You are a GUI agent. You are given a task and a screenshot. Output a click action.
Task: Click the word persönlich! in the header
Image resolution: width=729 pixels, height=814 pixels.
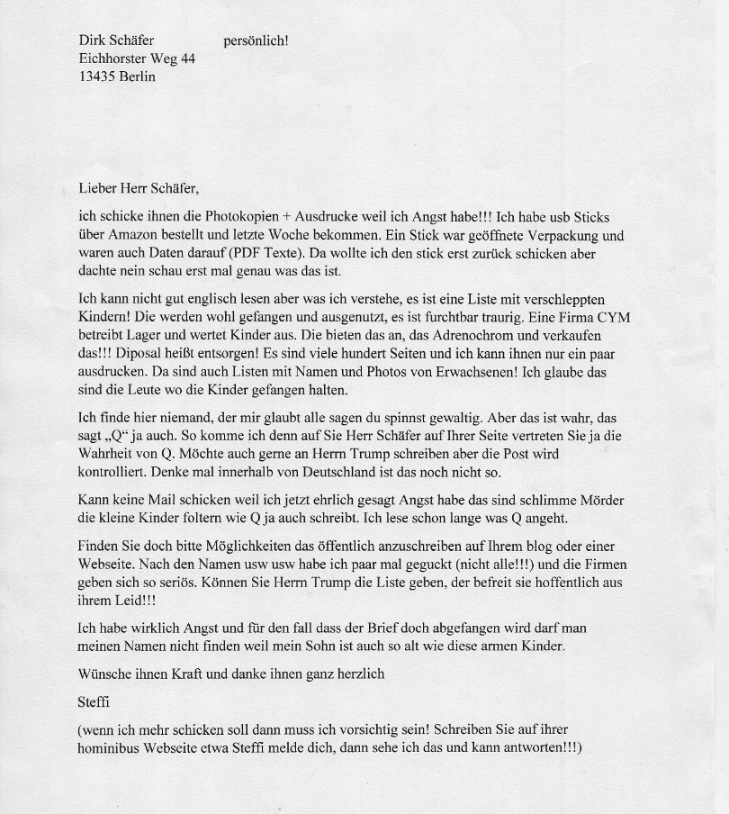pos(256,41)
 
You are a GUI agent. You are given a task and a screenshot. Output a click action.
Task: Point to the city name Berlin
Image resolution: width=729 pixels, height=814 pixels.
pos(137,77)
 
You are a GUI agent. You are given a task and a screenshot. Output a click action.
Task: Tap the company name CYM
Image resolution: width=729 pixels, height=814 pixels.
pos(614,317)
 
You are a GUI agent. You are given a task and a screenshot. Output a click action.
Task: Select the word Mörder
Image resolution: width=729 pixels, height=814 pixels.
pos(602,500)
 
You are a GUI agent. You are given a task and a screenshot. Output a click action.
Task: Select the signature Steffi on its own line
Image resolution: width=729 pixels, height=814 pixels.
pos(94,701)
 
